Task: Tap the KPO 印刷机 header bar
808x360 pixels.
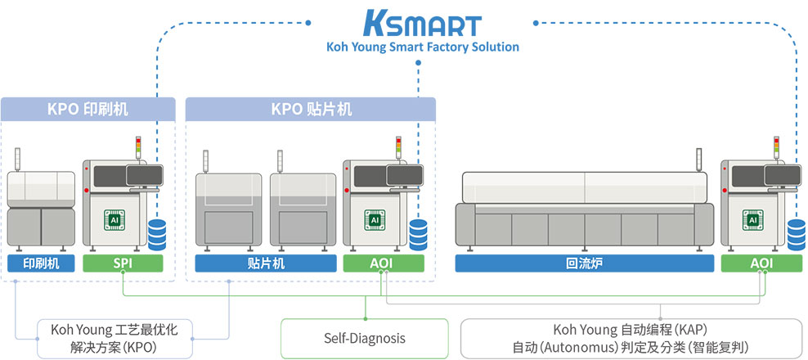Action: pos(88,109)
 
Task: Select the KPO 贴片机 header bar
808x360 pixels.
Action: pos(311,109)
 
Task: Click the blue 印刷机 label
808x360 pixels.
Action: pos(41,263)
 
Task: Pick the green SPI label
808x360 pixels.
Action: pos(123,263)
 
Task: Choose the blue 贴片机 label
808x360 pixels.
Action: pos(265,263)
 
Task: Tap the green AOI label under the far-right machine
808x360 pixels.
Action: pos(761,263)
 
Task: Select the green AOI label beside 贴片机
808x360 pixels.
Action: pos(384,263)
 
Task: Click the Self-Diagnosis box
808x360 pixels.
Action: pos(364,338)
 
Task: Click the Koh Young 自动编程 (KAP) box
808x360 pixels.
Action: pos(630,338)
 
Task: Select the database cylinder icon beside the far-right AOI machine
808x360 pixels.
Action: pos(796,234)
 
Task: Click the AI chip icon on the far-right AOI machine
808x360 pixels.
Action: pos(750,219)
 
